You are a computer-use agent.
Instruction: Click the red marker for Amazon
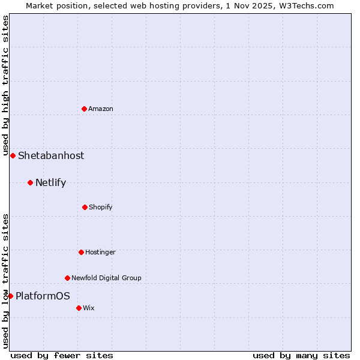[x=85, y=109]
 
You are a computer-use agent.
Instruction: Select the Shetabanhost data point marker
[x=13, y=155]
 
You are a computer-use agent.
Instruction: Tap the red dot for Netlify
[x=30, y=182]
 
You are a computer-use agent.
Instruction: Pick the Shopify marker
[x=85, y=207]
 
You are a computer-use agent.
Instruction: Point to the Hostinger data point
[x=81, y=252]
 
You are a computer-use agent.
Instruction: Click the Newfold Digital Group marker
[x=67, y=278]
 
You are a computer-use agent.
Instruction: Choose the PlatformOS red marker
[x=10, y=296]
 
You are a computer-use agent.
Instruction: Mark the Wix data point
[x=79, y=308]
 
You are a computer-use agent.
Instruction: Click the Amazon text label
[x=101, y=109]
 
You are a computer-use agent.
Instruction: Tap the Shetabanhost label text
[x=51, y=155]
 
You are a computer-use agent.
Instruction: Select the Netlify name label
[x=50, y=182]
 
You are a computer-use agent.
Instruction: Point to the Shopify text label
[x=101, y=207]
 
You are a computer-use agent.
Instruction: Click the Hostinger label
[x=100, y=252]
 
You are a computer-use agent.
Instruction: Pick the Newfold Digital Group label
[x=106, y=278]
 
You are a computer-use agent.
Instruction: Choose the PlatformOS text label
[x=43, y=296]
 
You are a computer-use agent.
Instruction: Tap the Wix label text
[x=89, y=308]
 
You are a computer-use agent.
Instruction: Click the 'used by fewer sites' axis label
[x=62, y=355]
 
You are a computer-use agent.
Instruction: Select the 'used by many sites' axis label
[x=301, y=355]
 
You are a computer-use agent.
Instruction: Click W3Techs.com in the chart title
[x=305, y=5]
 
